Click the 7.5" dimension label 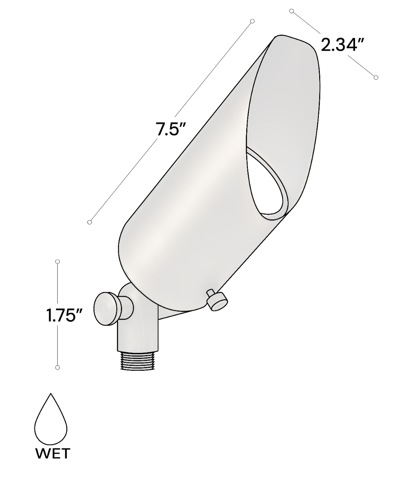[171, 129]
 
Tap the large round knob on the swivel [108, 309]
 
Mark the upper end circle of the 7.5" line [252, 21]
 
